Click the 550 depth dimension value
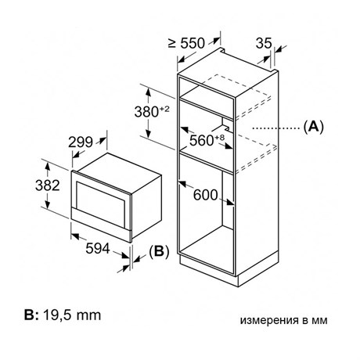tap(193, 43)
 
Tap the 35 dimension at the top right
tap(264, 43)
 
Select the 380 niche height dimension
tap(146, 112)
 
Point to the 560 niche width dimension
tap(201, 140)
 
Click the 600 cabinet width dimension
tap(205, 195)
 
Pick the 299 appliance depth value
tap(81, 142)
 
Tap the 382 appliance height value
tap(48, 185)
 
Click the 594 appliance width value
tap(98, 248)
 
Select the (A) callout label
tap(313, 127)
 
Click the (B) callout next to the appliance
tap(159, 251)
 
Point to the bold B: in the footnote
tap(31, 315)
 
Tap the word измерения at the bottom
tap(268, 320)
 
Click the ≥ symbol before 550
tap(172, 43)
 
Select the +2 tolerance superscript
tap(164, 109)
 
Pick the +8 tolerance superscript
tap(219, 137)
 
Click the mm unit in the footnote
tap(88, 315)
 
